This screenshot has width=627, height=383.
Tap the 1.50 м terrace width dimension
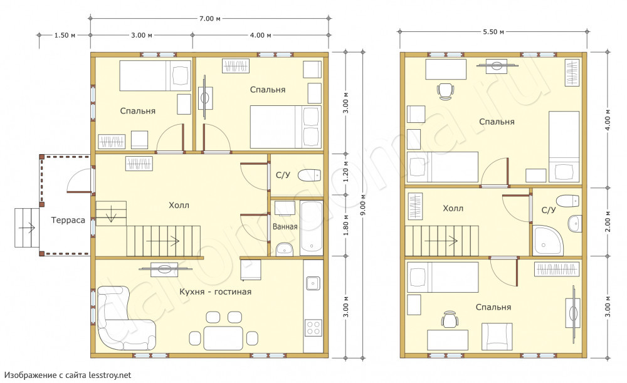[x=65, y=35]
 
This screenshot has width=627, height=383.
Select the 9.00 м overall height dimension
[x=362, y=205]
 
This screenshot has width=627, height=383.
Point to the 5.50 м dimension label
[x=493, y=31]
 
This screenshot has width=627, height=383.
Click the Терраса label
[x=68, y=220]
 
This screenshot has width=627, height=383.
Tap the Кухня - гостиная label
[x=215, y=292]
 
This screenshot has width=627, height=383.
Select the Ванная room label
[x=285, y=227]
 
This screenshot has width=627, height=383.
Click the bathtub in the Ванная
[x=312, y=228]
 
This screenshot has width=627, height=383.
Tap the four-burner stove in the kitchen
[x=313, y=327]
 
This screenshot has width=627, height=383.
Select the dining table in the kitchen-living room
[x=223, y=338]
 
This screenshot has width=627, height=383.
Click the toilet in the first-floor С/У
[x=310, y=175]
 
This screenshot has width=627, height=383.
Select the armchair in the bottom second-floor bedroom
[x=497, y=337]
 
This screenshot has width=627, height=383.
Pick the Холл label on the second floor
[x=453, y=208]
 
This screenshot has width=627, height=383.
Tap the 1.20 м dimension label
[x=346, y=172]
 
